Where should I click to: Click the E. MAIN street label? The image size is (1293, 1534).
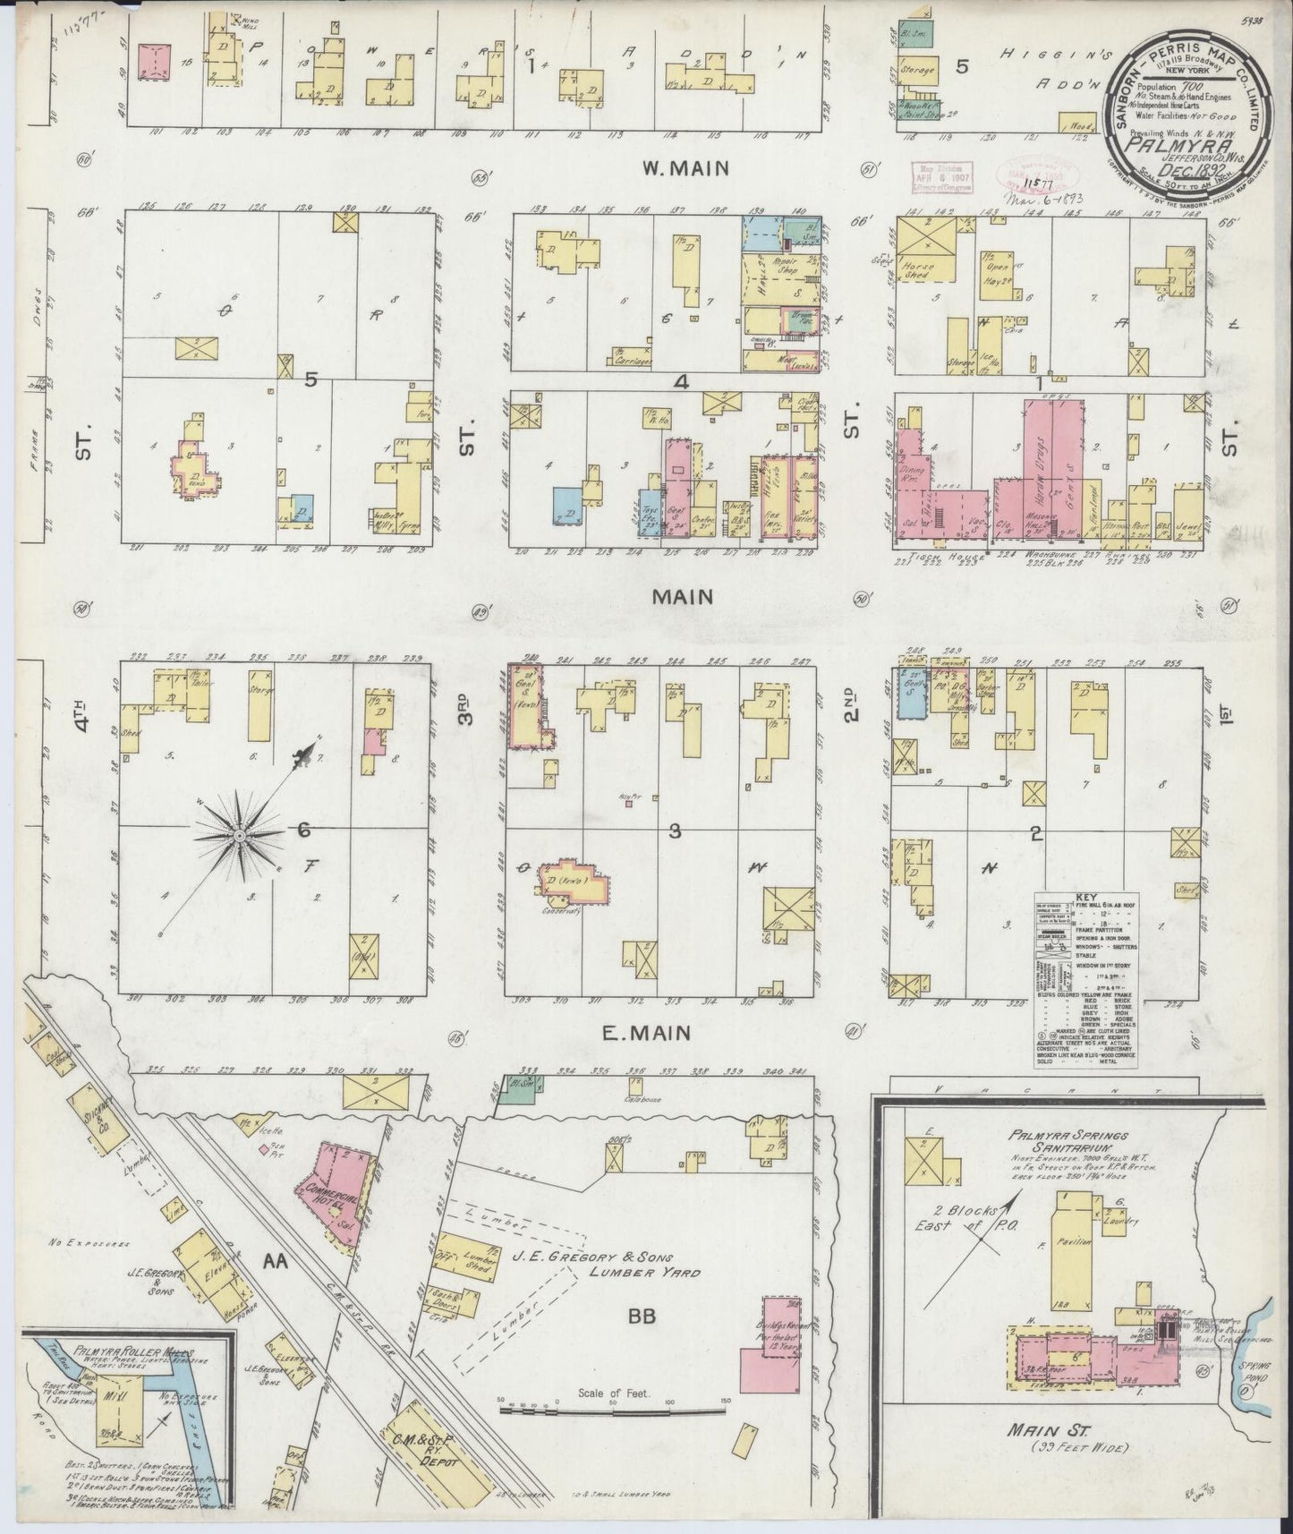(646, 1034)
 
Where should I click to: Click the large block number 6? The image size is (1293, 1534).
(304, 831)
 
